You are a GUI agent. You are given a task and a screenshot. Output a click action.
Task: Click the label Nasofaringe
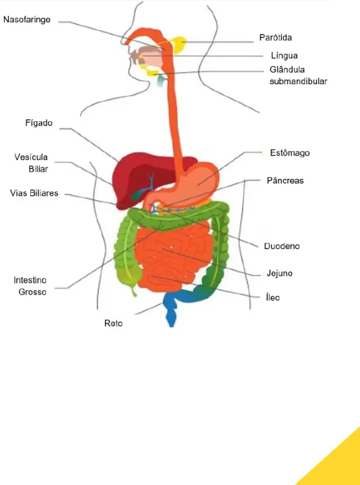pos(27,20)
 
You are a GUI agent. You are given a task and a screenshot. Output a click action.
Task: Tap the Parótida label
pos(276,38)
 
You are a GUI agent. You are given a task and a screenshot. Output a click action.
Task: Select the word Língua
pos(284,56)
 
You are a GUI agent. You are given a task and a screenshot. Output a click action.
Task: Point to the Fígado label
pos(39,123)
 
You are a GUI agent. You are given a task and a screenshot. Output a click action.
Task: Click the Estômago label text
pos(290,153)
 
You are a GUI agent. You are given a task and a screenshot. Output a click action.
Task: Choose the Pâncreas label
pos(285,180)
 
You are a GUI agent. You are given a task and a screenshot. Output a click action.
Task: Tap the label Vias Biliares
pos(34,193)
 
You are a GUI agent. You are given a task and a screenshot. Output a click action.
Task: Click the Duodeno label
pos(282,246)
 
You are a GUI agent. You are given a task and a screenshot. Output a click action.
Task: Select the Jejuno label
pos(279,273)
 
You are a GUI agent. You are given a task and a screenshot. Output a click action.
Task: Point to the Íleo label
pos(273,297)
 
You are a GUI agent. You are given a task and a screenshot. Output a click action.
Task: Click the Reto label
pos(113,323)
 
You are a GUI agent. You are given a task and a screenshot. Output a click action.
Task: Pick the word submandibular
pos(298,81)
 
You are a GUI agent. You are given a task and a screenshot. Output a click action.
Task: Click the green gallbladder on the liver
pos(138,195)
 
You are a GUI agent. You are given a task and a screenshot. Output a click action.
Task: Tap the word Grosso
pos(33,292)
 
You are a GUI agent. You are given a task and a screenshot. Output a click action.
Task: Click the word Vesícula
pos(31,157)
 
